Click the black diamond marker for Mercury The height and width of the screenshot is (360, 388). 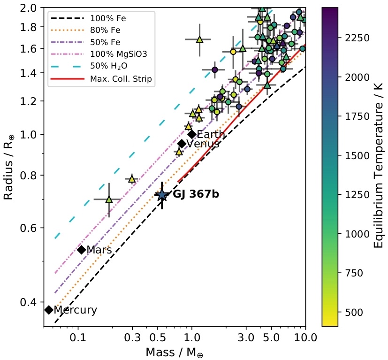point(48,310)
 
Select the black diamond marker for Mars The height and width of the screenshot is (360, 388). point(81,250)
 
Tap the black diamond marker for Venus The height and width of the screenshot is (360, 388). point(182,144)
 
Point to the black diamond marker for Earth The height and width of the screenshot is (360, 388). point(191,134)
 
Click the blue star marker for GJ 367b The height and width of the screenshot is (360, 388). point(162,195)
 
